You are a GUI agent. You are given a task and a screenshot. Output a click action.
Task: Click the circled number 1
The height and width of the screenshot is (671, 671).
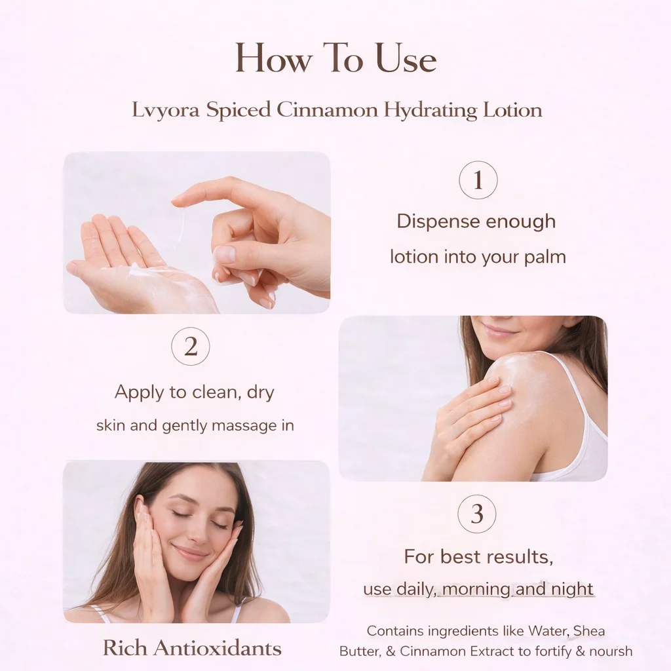tap(478, 180)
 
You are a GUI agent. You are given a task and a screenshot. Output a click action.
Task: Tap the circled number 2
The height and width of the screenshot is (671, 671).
tap(191, 347)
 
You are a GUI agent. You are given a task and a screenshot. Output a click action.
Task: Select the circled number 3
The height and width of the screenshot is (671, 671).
tap(477, 514)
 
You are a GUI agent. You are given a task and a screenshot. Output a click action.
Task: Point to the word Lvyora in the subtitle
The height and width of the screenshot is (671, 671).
tap(166, 110)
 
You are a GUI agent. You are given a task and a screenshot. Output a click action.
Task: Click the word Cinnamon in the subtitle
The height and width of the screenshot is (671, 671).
tap(327, 109)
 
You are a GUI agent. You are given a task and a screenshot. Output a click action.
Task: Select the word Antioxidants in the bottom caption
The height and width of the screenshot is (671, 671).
tap(218, 648)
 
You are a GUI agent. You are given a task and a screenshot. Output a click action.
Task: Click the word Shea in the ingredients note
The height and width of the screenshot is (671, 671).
tap(589, 631)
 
